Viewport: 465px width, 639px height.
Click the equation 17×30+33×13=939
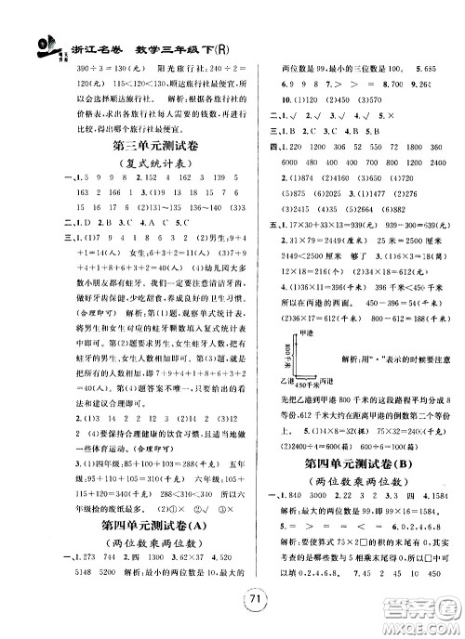point(334,224)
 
